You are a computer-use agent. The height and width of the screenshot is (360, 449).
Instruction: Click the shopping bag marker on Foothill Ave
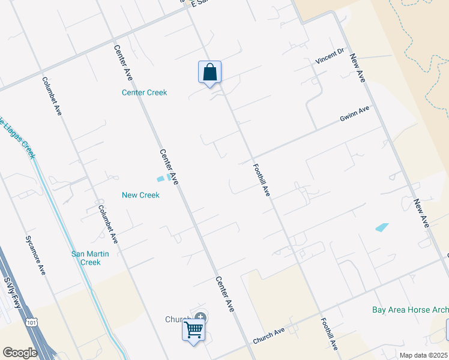click(x=209, y=73)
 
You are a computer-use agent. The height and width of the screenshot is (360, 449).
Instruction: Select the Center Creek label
click(x=144, y=92)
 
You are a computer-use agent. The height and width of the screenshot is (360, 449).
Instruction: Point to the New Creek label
click(x=140, y=195)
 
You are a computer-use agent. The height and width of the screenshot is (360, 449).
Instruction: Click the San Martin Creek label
click(x=90, y=258)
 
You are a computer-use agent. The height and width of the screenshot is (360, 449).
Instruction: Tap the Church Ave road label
click(x=268, y=336)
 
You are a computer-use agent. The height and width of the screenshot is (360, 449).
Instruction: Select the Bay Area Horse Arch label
click(x=410, y=310)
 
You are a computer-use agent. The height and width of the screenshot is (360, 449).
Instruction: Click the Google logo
click(x=20, y=352)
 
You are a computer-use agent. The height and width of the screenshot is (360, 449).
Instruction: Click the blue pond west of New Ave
click(x=382, y=227)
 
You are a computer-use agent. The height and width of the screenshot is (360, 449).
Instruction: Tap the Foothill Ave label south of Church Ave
click(x=330, y=334)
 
